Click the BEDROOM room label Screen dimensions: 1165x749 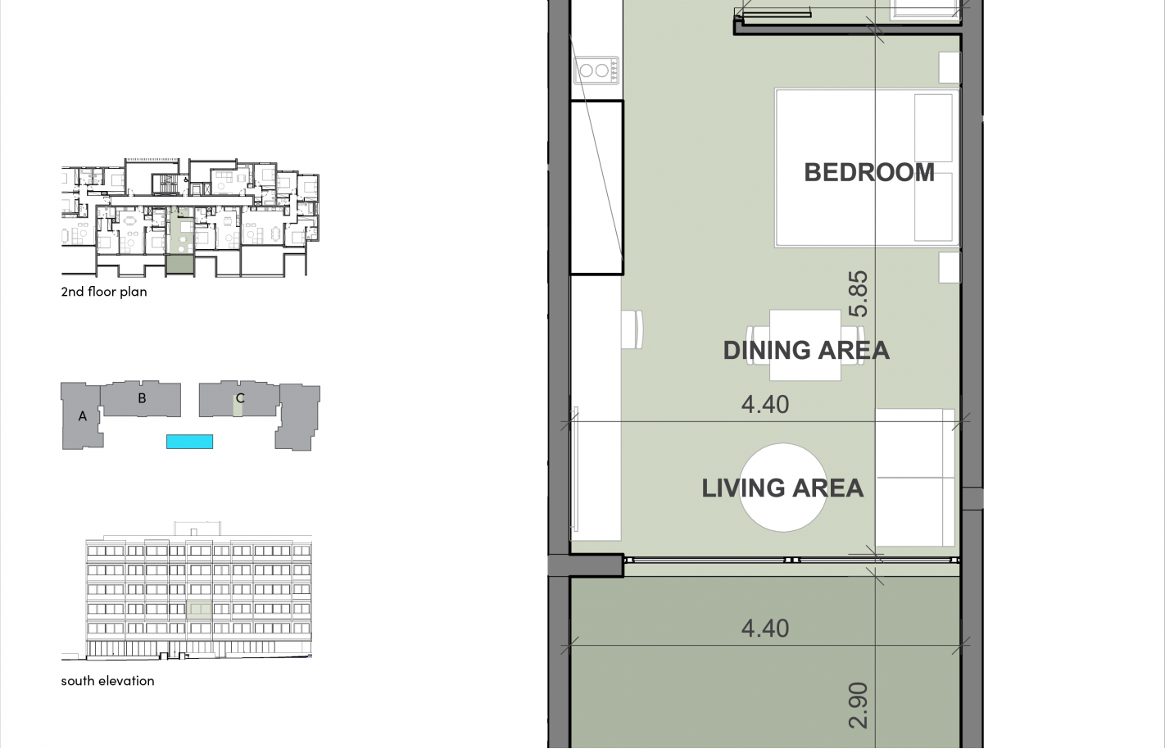point(869,173)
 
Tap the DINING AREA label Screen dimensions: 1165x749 point(806,350)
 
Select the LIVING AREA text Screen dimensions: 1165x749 point(782,488)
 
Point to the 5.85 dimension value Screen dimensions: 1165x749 point(858,293)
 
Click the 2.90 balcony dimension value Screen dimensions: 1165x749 point(858,706)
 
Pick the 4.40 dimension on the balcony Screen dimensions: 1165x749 point(765,629)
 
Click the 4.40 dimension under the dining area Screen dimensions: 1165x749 point(765,404)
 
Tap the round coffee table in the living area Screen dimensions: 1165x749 point(782,488)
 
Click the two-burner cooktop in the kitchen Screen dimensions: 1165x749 point(596,70)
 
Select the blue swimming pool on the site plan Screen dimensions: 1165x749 point(189,442)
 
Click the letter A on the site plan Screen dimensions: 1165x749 point(82,416)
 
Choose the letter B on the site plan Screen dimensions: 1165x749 point(142,398)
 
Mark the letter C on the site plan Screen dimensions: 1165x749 point(240,398)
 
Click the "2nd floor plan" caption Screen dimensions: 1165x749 point(104,292)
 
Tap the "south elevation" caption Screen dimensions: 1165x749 point(107,680)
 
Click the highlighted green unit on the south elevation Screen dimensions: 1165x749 point(199,609)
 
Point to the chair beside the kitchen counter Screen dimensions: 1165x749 point(632,329)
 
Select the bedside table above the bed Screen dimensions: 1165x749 point(950,67)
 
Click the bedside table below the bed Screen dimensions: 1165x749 point(950,267)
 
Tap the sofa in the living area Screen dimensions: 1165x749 point(915,478)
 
